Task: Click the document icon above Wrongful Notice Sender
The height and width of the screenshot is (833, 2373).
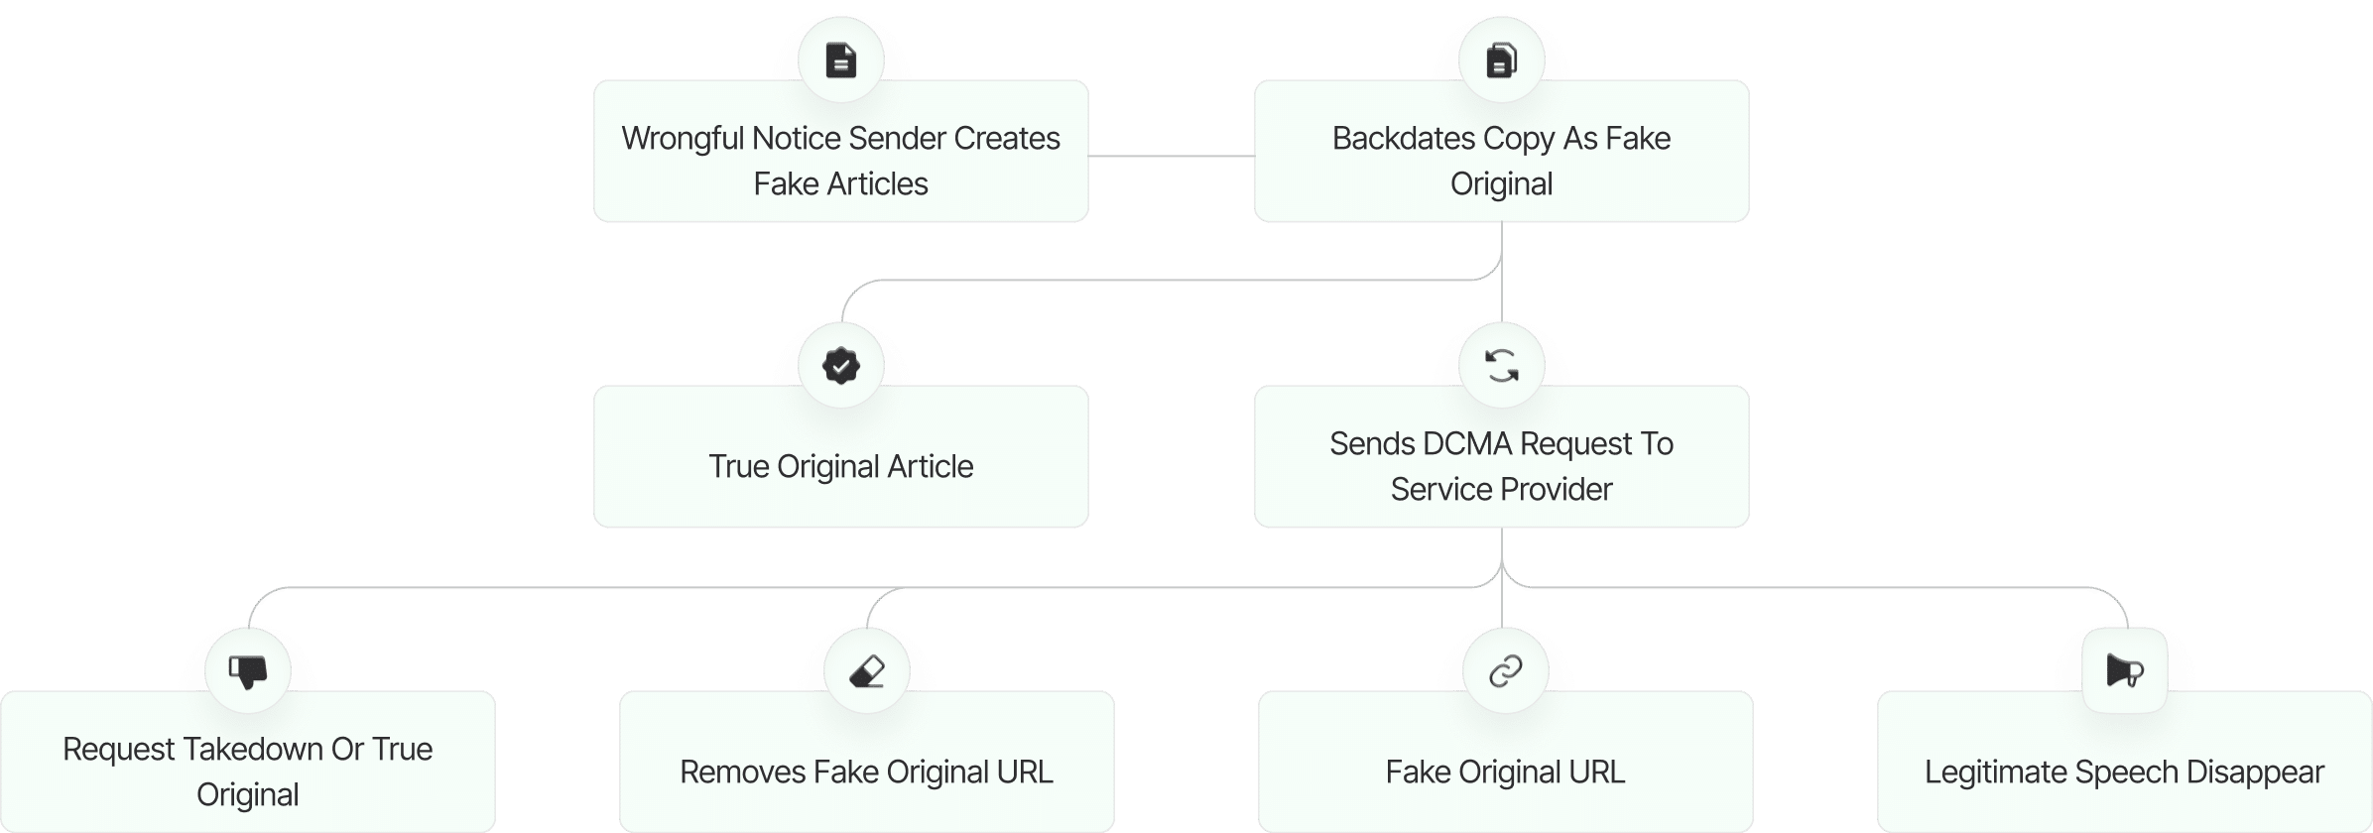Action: (840, 60)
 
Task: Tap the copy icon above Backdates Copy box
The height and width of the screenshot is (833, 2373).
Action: (1501, 60)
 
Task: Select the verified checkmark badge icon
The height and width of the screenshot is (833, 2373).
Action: (840, 366)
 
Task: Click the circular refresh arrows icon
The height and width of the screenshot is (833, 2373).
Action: (1501, 366)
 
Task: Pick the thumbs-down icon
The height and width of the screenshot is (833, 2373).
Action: (248, 671)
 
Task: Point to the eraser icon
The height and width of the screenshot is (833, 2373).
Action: (867, 671)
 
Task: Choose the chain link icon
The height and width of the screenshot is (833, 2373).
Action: (1505, 671)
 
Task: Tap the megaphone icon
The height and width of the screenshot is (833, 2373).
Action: (2124, 671)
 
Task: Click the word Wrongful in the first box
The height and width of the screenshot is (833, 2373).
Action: (683, 139)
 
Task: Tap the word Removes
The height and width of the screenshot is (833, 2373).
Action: (741, 773)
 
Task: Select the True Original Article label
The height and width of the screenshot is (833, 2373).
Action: (840, 467)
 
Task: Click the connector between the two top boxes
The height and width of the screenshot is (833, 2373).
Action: (1171, 156)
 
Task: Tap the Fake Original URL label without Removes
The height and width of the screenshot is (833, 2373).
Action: (1505, 773)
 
